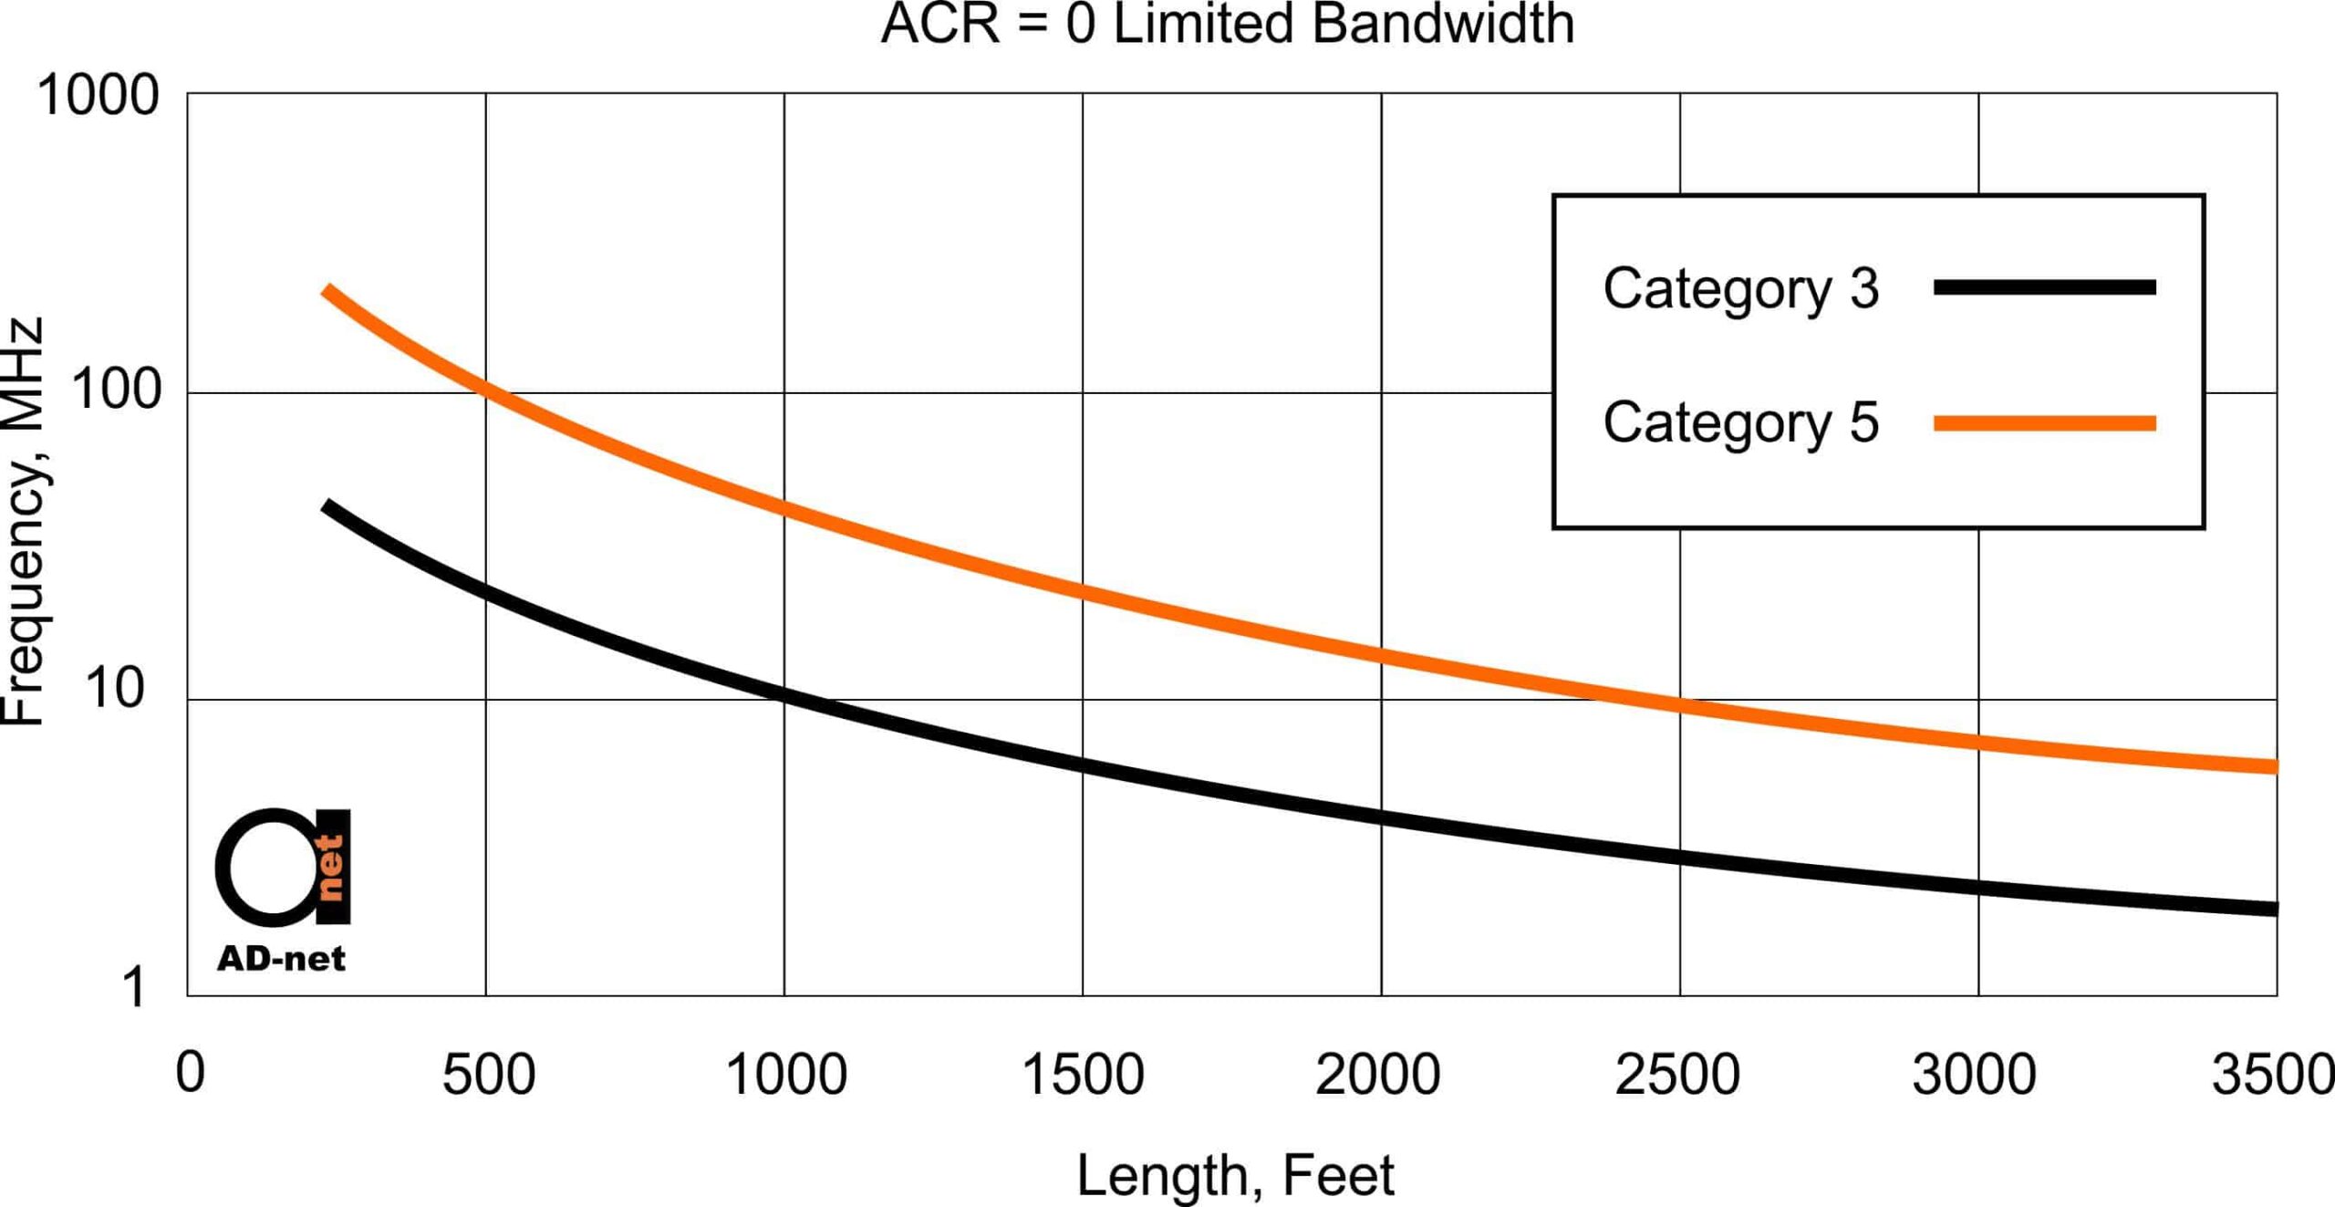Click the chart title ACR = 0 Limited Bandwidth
(1227, 24)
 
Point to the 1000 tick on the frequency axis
(99, 95)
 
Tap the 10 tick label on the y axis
(115, 689)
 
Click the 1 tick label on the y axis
(133, 988)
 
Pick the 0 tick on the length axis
(190, 1073)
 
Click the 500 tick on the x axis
(488, 1075)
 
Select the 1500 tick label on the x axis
(1083, 1075)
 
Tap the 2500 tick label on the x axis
(1677, 1075)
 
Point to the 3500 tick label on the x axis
(2271, 1075)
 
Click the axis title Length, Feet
(1235, 1176)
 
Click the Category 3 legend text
(1740, 288)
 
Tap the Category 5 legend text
(1740, 422)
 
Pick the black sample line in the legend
(2044, 287)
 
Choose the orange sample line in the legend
(2044, 423)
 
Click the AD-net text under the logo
(281, 959)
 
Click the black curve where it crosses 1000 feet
(784, 695)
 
